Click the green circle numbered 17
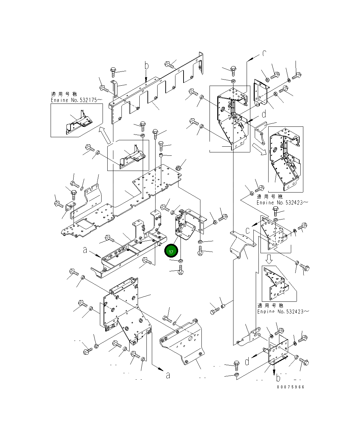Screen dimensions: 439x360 click(171, 252)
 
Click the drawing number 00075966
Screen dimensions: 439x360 click(290, 387)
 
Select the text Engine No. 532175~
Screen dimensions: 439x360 click(76, 100)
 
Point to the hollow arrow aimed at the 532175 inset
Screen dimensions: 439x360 click(105, 135)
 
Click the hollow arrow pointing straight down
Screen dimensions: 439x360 click(269, 259)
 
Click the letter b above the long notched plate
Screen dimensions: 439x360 click(146, 65)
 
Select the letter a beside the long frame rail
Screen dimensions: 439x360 click(85, 250)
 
